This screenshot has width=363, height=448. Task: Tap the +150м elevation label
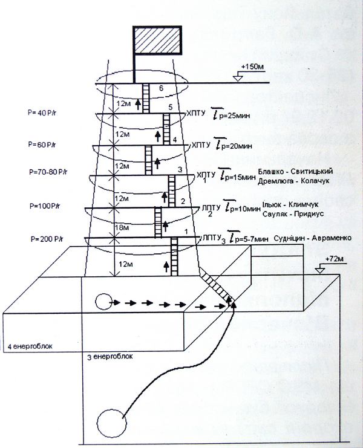[252, 65]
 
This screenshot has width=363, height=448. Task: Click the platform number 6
[160, 89]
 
